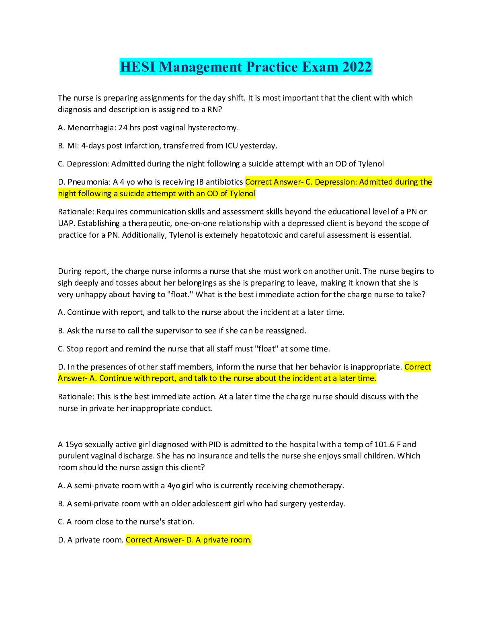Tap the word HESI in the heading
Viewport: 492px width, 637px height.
tap(137, 67)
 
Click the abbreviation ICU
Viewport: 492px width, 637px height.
tap(232, 146)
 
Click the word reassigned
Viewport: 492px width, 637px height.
tap(286, 331)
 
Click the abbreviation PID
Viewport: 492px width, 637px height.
tap(215, 445)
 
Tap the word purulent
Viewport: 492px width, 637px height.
tap(73, 456)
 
